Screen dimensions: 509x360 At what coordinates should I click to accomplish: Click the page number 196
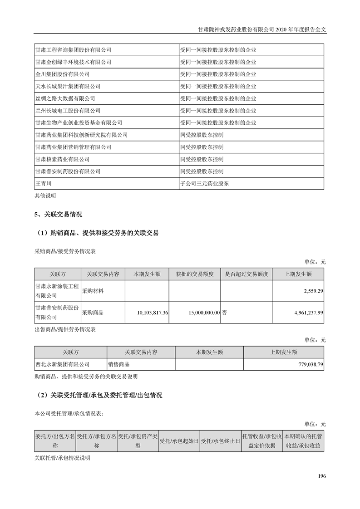click(322, 476)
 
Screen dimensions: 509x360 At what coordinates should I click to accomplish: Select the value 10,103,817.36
click(153, 313)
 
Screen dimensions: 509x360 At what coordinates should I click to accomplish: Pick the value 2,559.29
click(311, 290)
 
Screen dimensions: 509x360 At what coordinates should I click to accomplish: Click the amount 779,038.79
click(307, 364)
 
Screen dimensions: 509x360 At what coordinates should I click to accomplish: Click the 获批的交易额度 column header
click(195, 274)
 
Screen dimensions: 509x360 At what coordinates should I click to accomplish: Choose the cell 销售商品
click(119, 364)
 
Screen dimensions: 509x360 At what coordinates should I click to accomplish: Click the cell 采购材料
click(92, 290)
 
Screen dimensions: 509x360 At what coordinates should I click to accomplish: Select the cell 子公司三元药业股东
click(205, 184)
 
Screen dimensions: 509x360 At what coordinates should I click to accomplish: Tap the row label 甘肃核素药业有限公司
click(62, 159)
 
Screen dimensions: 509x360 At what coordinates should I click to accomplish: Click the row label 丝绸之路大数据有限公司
click(65, 98)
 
